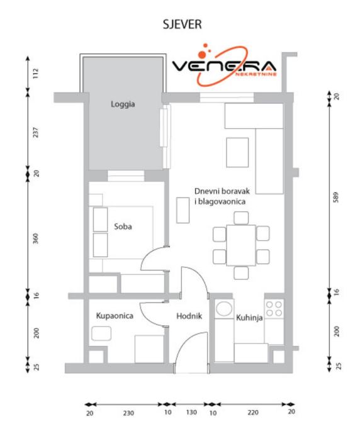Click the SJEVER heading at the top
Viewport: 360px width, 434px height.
pyautogui.click(x=182, y=24)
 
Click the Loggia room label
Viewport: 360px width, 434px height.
pyautogui.click(x=123, y=104)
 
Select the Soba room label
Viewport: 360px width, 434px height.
pyautogui.click(x=123, y=226)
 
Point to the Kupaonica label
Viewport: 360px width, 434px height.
pyautogui.click(x=115, y=316)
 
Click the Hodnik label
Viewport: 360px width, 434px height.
pyautogui.click(x=189, y=316)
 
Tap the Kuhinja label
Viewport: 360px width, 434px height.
pyautogui.click(x=249, y=318)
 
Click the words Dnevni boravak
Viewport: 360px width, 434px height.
pyautogui.click(x=222, y=191)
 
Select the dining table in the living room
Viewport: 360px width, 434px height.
pyautogui.click(x=241, y=245)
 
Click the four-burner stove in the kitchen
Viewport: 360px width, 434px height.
pyautogui.click(x=274, y=309)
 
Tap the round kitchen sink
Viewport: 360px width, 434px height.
pyautogui.click(x=224, y=309)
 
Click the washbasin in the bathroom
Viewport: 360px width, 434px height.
pyautogui.click(x=101, y=333)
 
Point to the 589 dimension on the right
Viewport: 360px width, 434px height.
pyautogui.click(x=336, y=198)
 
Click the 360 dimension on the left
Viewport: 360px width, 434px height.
pyautogui.click(x=36, y=238)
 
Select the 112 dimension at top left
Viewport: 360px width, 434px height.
pyautogui.click(x=36, y=74)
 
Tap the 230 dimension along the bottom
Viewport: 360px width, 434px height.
pyautogui.click(x=128, y=413)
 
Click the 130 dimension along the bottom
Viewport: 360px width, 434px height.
pyautogui.click(x=191, y=413)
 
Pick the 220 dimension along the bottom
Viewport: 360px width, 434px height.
pyautogui.click(x=253, y=413)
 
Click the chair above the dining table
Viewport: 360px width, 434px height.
pyautogui.click(x=241, y=218)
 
